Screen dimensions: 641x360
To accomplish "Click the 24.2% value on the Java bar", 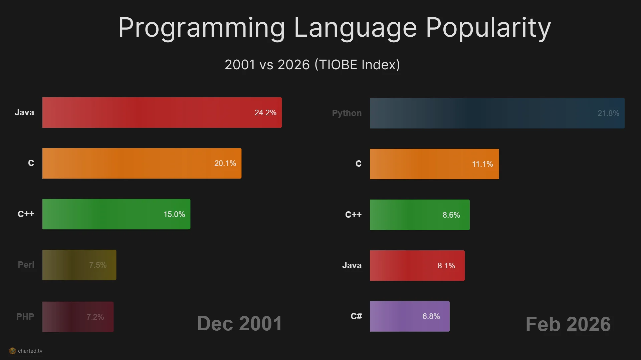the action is pyautogui.click(x=265, y=113).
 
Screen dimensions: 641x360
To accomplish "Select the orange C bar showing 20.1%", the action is pyautogui.click(x=142, y=163).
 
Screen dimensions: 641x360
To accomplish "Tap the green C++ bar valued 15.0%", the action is pyautogui.click(x=116, y=214).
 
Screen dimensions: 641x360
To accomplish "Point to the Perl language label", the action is pyautogui.click(x=26, y=265).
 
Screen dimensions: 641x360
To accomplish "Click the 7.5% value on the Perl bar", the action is pyautogui.click(x=98, y=265).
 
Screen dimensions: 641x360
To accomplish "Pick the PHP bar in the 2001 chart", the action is pyautogui.click(x=78, y=317).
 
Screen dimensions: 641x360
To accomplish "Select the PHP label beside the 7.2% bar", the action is pyautogui.click(x=25, y=317).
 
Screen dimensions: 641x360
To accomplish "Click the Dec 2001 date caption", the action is pyautogui.click(x=239, y=324).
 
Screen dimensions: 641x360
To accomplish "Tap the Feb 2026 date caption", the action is pyautogui.click(x=568, y=324).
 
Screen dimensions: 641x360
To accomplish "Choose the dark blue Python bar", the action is pyautogui.click(x=497, y=113).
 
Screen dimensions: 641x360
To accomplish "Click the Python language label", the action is pyautogui.click(x=347, y=113).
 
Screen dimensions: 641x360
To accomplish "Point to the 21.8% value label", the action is pyautogui.click(x=608, y=113).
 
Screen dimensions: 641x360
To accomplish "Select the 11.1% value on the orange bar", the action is pyautogui.click(x=482, y=164).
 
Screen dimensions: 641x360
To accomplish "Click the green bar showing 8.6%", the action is pyautogui.click(x=420, y=215).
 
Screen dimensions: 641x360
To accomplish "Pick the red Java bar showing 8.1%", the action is pyautogui.click(x=417, y=265).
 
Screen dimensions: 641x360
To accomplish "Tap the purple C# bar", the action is pyautogui.click(x=410, y=316).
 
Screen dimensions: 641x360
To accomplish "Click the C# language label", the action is pyautogui.click(x=356, y=316).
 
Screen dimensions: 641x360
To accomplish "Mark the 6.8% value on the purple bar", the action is pyautogui.click(x=431, y=316).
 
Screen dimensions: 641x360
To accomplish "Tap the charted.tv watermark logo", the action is pyautogui.click(x=12, y=351).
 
